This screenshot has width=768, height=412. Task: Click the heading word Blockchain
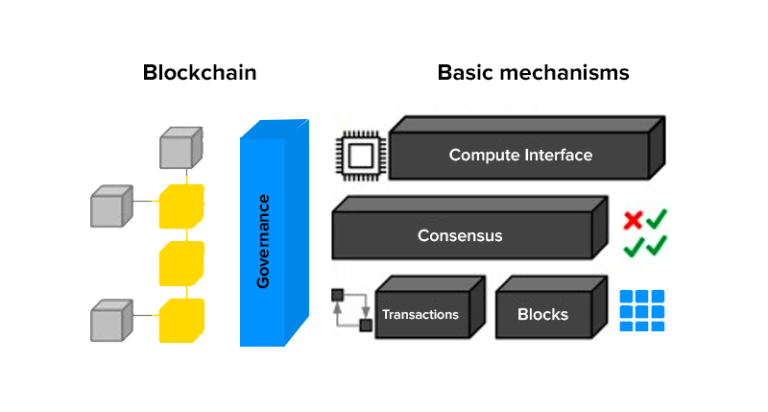point(200,72)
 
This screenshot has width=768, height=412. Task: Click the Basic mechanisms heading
point(533,72)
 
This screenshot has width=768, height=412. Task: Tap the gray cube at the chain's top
point(180,150)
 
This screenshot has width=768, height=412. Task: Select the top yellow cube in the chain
point(180,206)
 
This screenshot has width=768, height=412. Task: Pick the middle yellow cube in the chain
point(180,262)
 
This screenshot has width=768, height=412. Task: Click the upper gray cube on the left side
point(110,206)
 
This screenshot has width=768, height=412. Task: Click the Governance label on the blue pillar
point(263,241)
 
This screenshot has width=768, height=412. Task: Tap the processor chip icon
point(359,155)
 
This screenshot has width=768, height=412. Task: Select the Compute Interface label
point(520,155)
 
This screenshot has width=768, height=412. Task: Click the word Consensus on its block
point(460,235)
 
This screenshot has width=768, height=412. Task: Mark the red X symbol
point(633,221)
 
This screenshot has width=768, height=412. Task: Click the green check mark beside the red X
point(658,220)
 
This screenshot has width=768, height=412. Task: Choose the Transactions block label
point(420,315)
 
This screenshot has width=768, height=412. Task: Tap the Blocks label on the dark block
point(542,315)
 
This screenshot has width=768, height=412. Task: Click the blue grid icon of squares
point(641,310)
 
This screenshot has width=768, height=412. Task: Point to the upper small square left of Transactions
point(337,294)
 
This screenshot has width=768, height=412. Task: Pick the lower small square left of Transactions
point(365,325)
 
